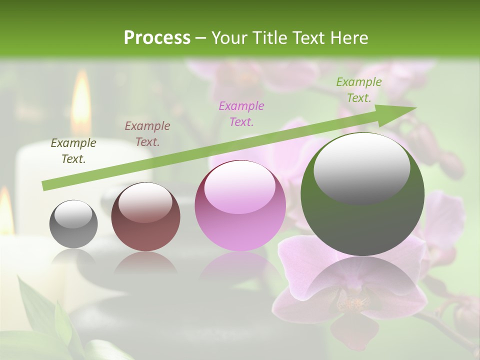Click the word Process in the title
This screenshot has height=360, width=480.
(157, 38)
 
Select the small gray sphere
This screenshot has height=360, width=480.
(73, 224)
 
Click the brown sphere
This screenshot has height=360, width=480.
(145, 217)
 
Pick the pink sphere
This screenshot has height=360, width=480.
(240, 206)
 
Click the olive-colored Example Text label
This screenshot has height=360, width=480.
(73, 151)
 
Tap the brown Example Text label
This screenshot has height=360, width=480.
(147, 133)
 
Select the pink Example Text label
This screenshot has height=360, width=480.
(241, 113)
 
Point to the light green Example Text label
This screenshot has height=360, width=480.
(358, 89)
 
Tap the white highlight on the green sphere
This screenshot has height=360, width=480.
(361, 167)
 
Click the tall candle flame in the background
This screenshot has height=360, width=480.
(81, 102)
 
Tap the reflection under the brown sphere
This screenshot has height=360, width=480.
(145, 262)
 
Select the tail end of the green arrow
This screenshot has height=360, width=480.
(46, 185)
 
